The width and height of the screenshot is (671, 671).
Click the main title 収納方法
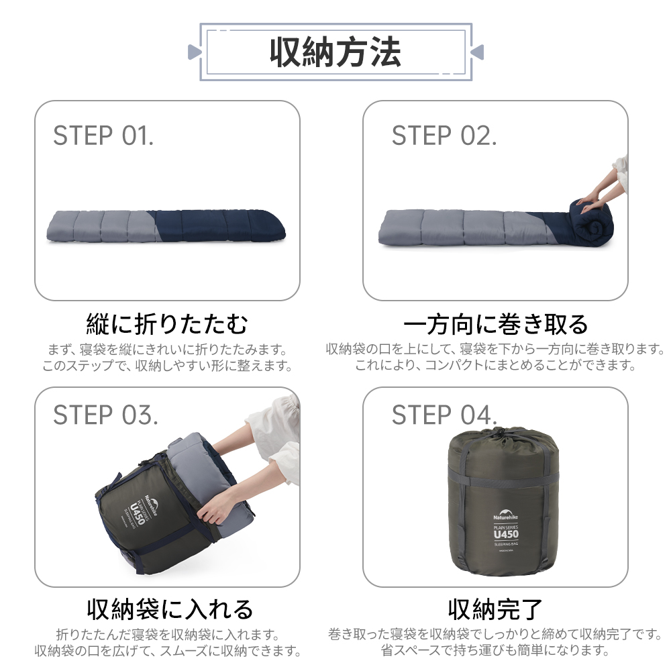pyautogui.click(x=335, y=52)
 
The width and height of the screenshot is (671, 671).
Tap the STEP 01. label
pyautogui.click(x=103, y=136)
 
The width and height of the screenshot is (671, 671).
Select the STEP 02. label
pyautogui.click(x=444, y=136)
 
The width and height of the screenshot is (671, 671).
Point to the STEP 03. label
pyautogui.click(x=106, y=415)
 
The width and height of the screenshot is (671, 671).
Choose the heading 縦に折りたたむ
pyautogui.click(x=167, y=324)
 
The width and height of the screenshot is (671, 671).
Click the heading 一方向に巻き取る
pyautogui.click(x=496, y=324)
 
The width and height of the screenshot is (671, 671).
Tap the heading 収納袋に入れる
pyautogui.click(x=170, y=609)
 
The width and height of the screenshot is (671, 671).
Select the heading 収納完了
pyautogui.click(x=495, y=609)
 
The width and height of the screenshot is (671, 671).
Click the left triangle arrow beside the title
pyautogui.click(x=193, y=52)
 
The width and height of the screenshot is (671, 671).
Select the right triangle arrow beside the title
pyautogui.click(x=478, y=52)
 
